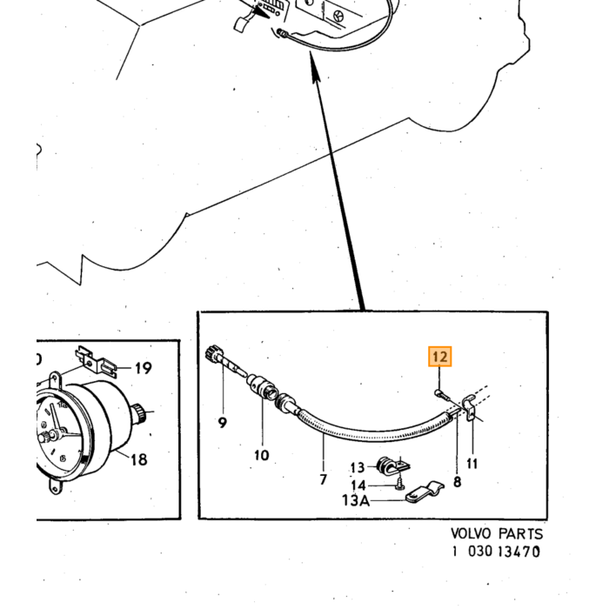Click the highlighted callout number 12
pos(439,356)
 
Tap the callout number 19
pos(143,368)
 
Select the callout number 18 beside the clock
pos(138,459)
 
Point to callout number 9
pos(222,422)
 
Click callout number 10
pos(262,455)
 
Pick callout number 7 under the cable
pos(323,480)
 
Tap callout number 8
pos(457,482)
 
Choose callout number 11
pos(472,464)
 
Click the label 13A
pos(356,500)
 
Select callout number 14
pos(358,485)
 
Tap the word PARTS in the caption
pos(521,533)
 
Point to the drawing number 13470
pos(519,552)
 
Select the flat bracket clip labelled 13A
pos(425,492)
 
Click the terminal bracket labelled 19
pos(96,362)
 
